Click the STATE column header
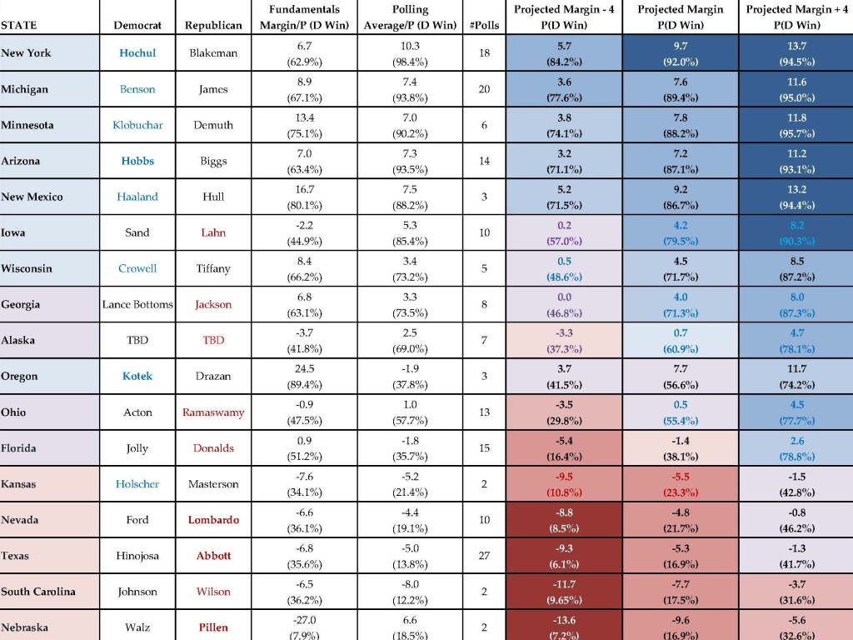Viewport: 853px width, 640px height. pyautogui.click(x=19, y=25)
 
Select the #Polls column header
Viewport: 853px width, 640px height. pyautogui.click(x=484, y=25)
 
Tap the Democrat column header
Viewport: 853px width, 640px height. pyautogui.click(x=137, y=25)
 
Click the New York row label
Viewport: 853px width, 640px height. pyautogui.click(x=26, y=52)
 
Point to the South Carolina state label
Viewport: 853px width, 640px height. pyautogui.click(x=38, y=592)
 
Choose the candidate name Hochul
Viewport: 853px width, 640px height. pyautogui.click(x=137, y=52)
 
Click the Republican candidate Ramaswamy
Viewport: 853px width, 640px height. pyautogui.click(x=213, y=412)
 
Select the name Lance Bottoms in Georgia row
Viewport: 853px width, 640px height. pyautogui.click(x=137, y=305)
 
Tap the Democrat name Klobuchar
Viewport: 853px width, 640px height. pyautogui.click(x=137, y=125)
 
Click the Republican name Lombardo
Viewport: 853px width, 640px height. pyautogui.click(x=213, y=520)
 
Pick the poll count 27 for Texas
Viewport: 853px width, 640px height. pyautogui.click(x=484, y=556)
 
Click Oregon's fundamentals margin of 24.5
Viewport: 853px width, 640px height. pyautogui.click(x=305, y=369)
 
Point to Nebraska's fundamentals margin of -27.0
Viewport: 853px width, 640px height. pyautogui.click(x=305, y=620)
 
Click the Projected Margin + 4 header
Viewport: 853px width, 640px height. pyautogui.click(x=797, y=10)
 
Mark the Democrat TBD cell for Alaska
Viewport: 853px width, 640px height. pyautogui.click(x=137, y=340)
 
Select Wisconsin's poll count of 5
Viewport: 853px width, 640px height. pyautogui.click(x=484, y=268)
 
